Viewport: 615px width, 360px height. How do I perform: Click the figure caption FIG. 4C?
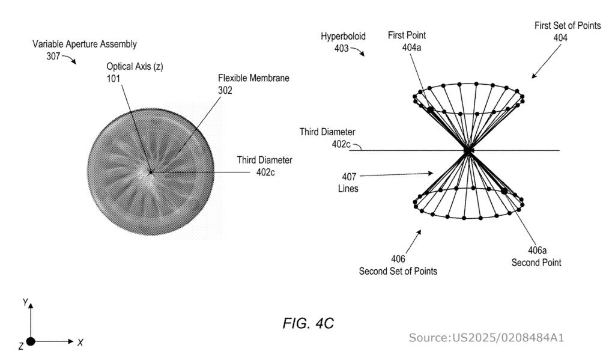tap(307, 323)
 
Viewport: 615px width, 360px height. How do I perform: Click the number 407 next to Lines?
tap(347, 177)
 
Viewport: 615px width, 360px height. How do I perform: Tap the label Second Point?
tap(536, 263)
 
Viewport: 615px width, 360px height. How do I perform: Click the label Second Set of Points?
tap(398, 271)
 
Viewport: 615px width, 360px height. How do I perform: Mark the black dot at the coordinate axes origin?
tap(31, 341)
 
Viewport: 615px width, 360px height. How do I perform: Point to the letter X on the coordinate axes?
tap(80, 342)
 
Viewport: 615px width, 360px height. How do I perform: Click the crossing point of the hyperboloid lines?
tap(468, 150)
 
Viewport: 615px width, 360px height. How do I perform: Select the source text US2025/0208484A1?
tap(486, 338)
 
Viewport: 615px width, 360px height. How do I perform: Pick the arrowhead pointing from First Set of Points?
tap(533, 76)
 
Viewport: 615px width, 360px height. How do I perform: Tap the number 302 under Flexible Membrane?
tap(225, 90)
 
